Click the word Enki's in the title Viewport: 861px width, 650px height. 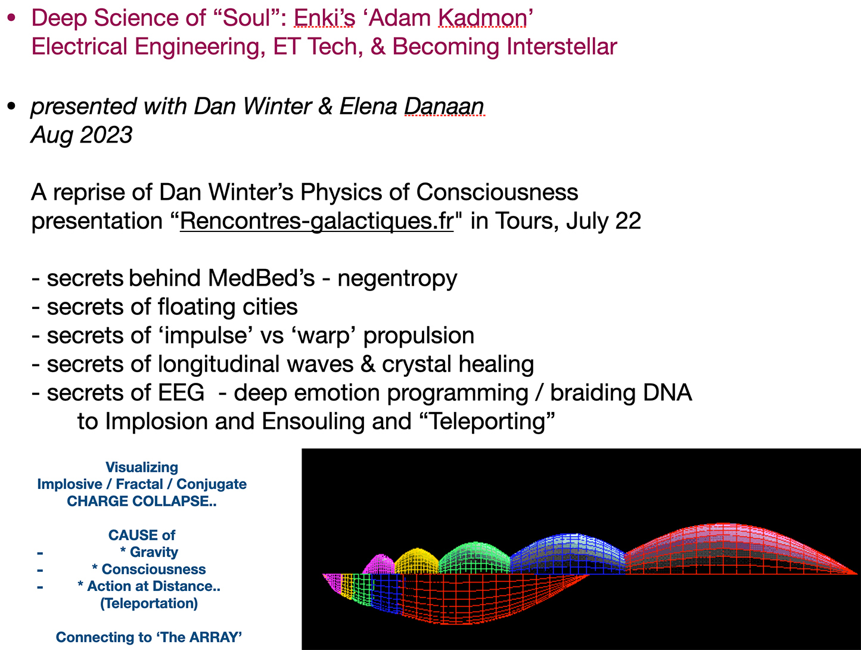(324, 18)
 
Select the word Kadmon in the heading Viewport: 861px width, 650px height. (482, 18)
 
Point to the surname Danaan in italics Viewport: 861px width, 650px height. (444, 106)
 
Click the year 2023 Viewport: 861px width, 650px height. (106, 135)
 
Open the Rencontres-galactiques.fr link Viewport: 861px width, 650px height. (316, 221)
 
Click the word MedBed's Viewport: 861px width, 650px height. (261, 278)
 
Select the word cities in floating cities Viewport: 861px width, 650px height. (270, 307)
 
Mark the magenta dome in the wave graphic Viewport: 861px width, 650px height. (379, 565)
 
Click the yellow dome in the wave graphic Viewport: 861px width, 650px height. (416, 562)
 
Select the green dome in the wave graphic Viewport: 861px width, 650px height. (474, 558)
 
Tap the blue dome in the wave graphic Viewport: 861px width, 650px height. (568, 554)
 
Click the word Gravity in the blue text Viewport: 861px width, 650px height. (154, 552)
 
